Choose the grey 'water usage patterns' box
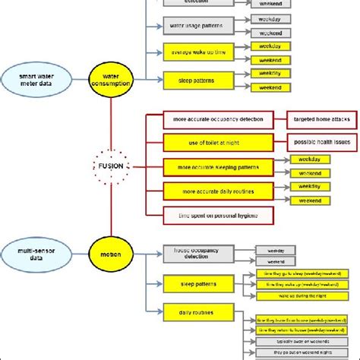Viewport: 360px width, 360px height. [196, 27]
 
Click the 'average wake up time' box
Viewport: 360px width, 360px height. [196, 52]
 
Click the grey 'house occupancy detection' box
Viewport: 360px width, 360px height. [196, 255]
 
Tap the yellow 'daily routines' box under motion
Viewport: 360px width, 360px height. [196, 312]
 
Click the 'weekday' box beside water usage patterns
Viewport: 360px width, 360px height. [270, 21]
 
